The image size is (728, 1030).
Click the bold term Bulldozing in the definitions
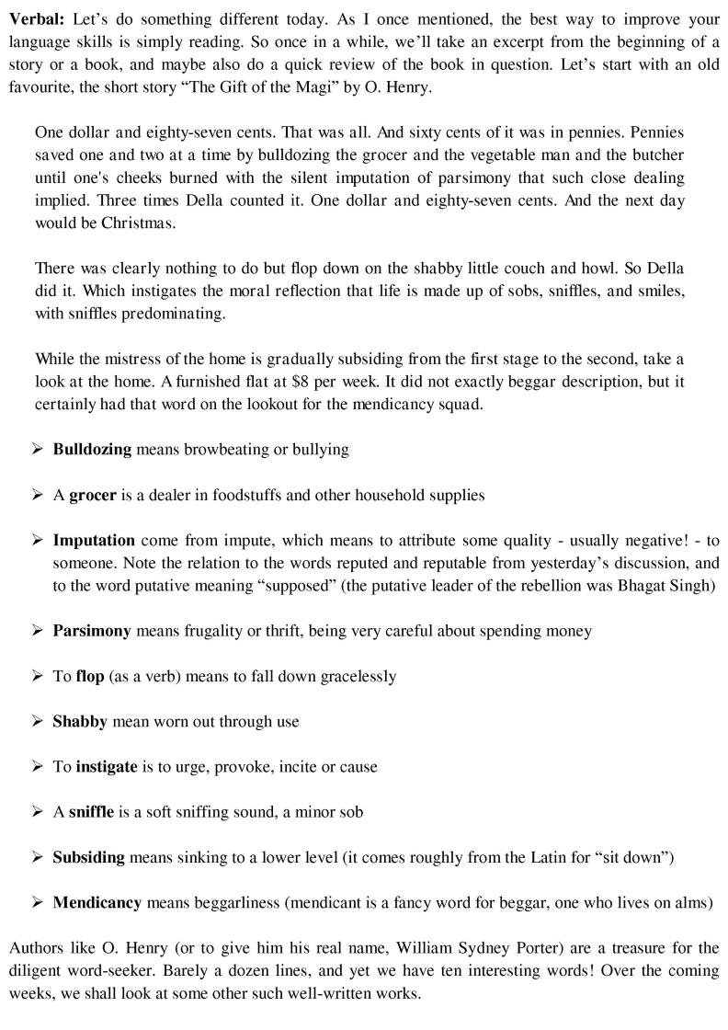(x=92, y=450)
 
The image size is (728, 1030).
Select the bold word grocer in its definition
(x=92, y=495)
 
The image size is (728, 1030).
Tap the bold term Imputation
(x=94, y=540)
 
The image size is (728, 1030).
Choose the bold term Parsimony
(x=92, y=631)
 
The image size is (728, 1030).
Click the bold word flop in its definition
(x=90, y=676)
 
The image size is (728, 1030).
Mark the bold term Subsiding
(x=88, y=857)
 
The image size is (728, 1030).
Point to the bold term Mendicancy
(x=97, y=902)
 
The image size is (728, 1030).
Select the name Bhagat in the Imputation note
(x=648, y=586)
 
